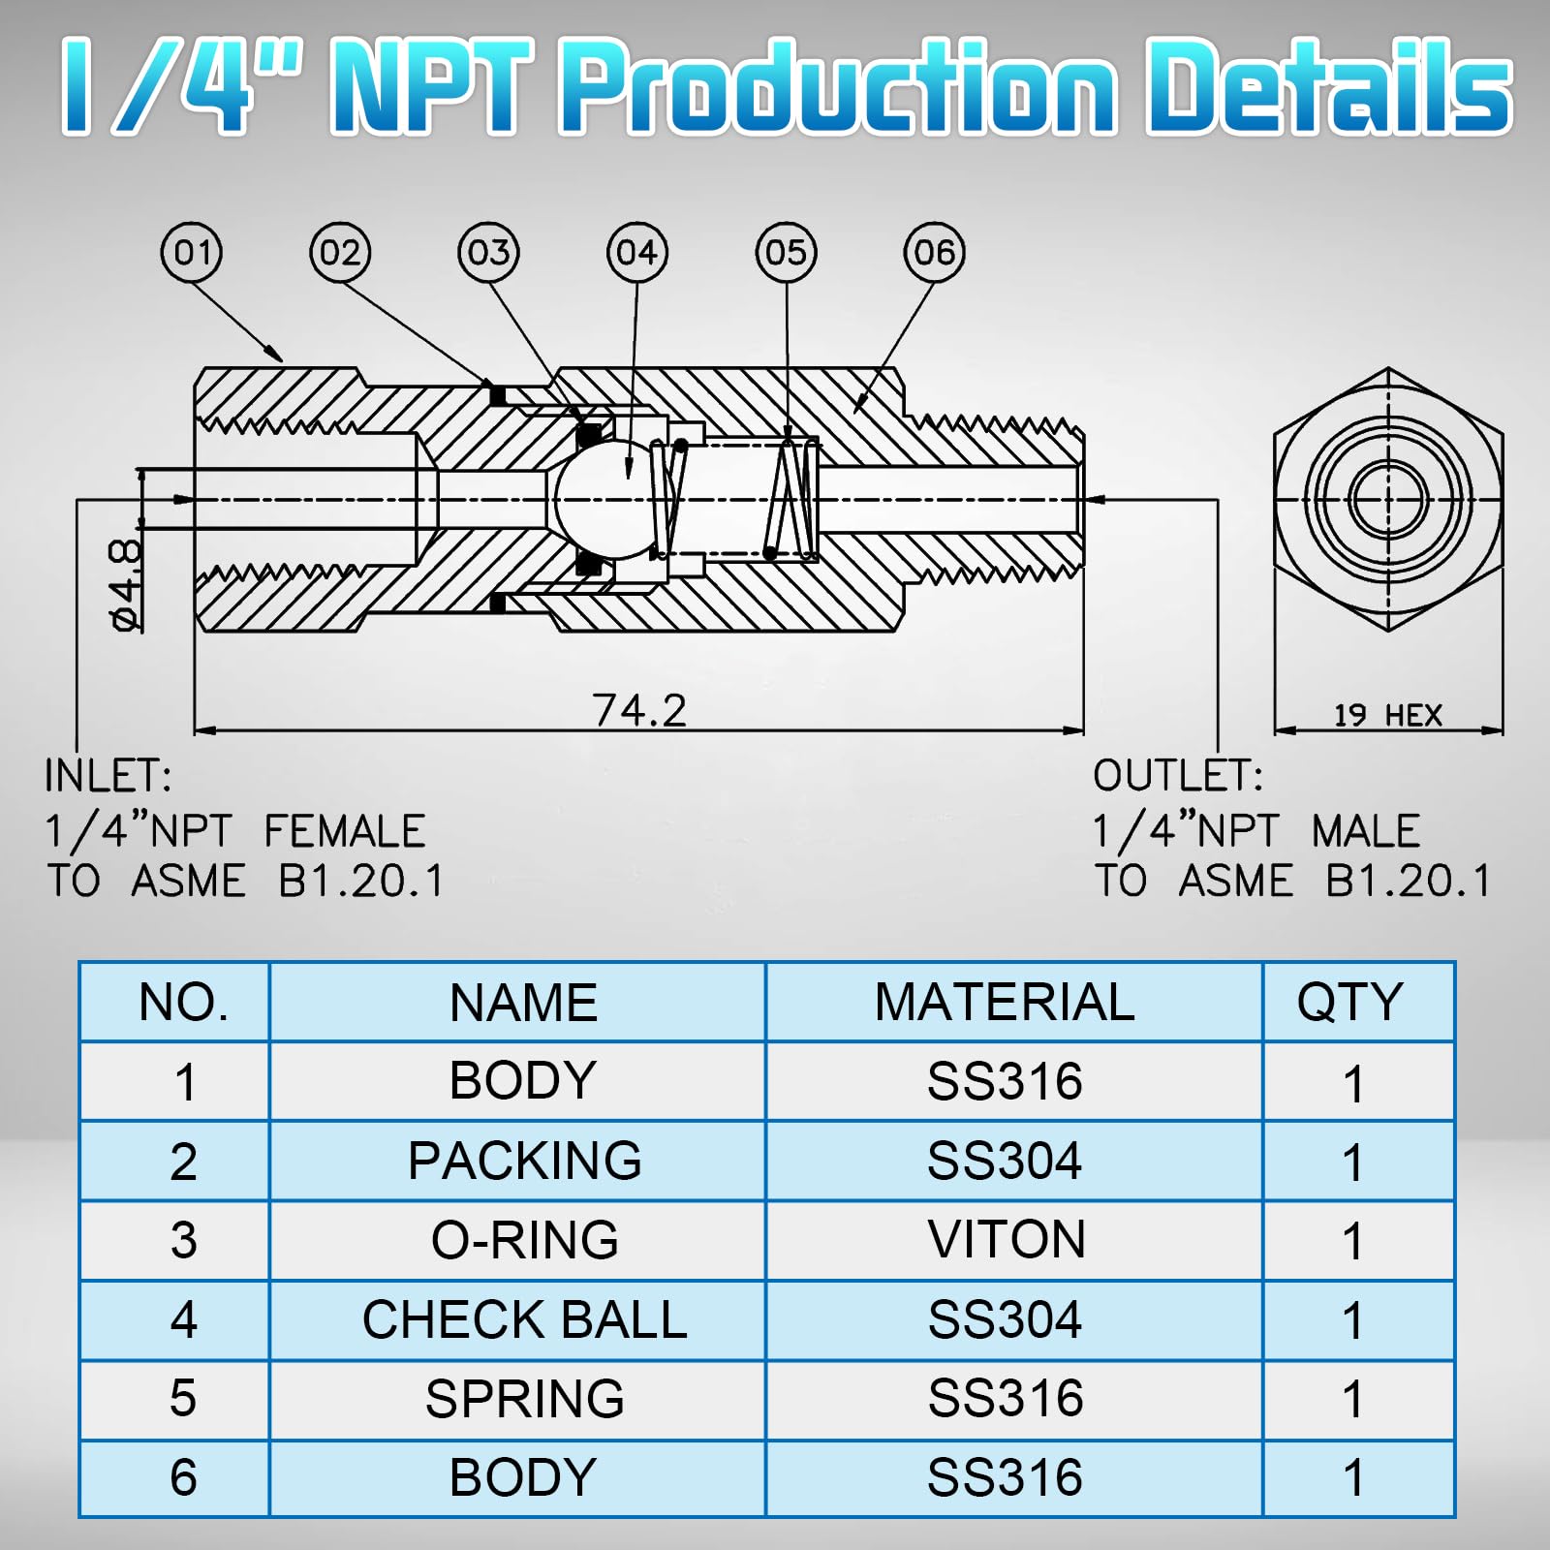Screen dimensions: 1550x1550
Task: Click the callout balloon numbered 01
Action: coord(192,253)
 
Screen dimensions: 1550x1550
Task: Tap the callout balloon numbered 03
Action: coord(488,253)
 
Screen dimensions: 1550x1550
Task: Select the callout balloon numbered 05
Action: coord(786,253)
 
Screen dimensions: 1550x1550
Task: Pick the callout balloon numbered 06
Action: coord(934,253)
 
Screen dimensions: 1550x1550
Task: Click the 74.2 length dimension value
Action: coord(639,710)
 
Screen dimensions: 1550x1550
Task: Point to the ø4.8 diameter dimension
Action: coord(126,585)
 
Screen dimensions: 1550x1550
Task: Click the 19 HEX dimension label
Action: coord(1387,716)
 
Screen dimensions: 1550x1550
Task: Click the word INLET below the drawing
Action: coord(108,777)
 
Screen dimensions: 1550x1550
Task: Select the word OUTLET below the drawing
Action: coord(1178,777)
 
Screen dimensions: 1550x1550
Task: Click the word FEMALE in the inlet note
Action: coord(344,832)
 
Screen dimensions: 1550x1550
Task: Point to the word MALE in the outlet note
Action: coord(1365,832)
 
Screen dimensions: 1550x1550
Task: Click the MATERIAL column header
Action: coord(1005,1003)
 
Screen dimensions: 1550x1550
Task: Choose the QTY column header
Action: coord(1350,1003)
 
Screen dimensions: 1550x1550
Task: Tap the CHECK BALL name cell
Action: coord(524,1320)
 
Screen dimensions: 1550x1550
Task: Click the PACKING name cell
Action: coord(524,1162)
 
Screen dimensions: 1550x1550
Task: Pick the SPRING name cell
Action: coord(524,1400)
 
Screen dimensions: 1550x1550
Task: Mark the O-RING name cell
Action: coord(524,1241)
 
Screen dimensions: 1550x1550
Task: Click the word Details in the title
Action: coord(1328,87)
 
